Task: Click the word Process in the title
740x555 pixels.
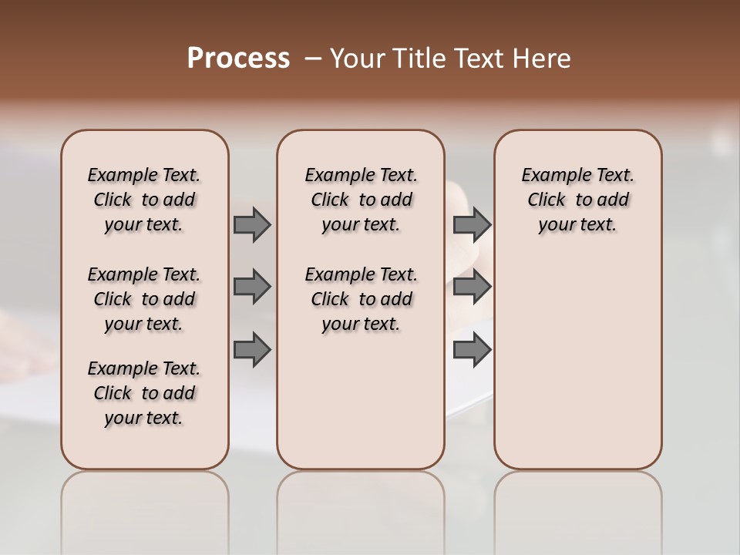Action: (238, 59)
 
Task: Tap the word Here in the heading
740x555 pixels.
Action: (542, 59)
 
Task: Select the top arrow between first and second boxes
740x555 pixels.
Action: (252, 224)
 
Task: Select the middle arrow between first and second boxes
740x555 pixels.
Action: (252, 287)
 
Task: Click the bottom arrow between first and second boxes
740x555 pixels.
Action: (252, 350)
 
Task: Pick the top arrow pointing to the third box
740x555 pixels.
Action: (472, 224)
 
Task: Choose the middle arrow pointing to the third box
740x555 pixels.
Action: (472, 287)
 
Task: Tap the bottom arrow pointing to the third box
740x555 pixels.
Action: (472, 350)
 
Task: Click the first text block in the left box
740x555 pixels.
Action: (144, 200)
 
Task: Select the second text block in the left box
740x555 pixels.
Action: (144, 299)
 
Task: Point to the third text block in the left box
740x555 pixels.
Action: (144, 393)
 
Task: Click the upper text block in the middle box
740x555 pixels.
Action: (361, 200)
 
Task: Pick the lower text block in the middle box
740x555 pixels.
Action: (361, 299)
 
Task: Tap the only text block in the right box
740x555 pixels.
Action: (577, 200)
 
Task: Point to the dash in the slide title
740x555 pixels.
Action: (312, 59)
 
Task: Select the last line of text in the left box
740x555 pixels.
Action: (144, 418)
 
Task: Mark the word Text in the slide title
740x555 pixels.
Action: (479, 59)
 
